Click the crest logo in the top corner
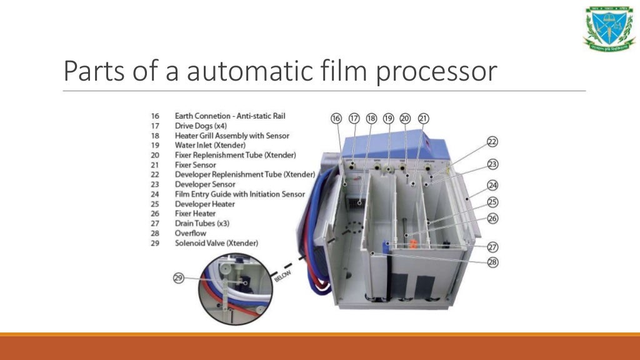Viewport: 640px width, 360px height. pyautogui.click(x=609, y=27)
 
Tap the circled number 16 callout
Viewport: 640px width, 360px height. pyautogui.click(x=336, y=119)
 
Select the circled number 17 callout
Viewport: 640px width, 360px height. pyautogui.click(x=354, y=119)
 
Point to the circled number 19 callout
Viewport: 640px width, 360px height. pyautogui.click(x=388, y=119)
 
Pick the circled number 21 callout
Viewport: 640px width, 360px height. pyautogui.click(x=423, y=119)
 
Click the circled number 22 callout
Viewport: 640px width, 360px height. pyautogui.click(x=492, y=142)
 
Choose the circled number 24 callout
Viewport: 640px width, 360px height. pyautogui.click(x=492, y=185)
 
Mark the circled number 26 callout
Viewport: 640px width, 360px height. pyautogui.click(x=492, y=219)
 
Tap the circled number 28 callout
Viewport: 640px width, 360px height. pyautogui.click(x=492, y=262)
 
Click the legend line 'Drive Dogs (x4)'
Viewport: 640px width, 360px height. pyautogui.click(x=201, y=126)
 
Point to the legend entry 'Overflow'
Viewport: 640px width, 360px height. pyautogui.click(x=191, y=233)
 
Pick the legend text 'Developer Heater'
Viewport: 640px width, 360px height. pyautogui.click(x=205, y=204)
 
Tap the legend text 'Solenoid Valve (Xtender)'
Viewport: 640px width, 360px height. pyautogui.click(x=216, y=242)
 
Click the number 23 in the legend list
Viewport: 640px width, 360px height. pyautogui.click(x=155, y=184)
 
